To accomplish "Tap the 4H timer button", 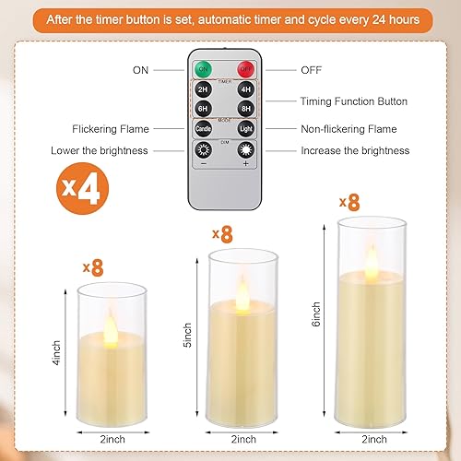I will [x=245, y=90].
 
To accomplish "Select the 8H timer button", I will [x=245, y=107].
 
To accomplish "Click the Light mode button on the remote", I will [x=245, y=129].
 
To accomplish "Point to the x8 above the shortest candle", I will [x=92, y=267].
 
